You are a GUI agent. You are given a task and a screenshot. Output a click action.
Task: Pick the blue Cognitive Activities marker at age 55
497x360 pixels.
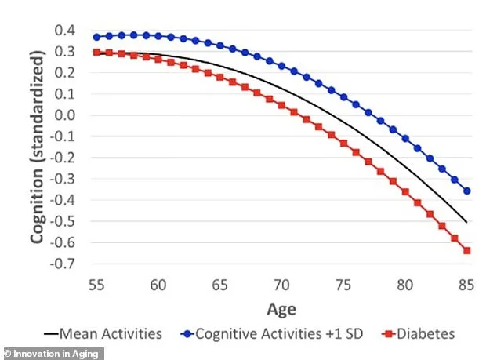pos(96,37)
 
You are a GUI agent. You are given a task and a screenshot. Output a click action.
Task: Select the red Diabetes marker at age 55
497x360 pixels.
pos(96,53)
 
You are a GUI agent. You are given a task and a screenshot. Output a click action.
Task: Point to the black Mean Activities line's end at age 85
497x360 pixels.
pos(467,222)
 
